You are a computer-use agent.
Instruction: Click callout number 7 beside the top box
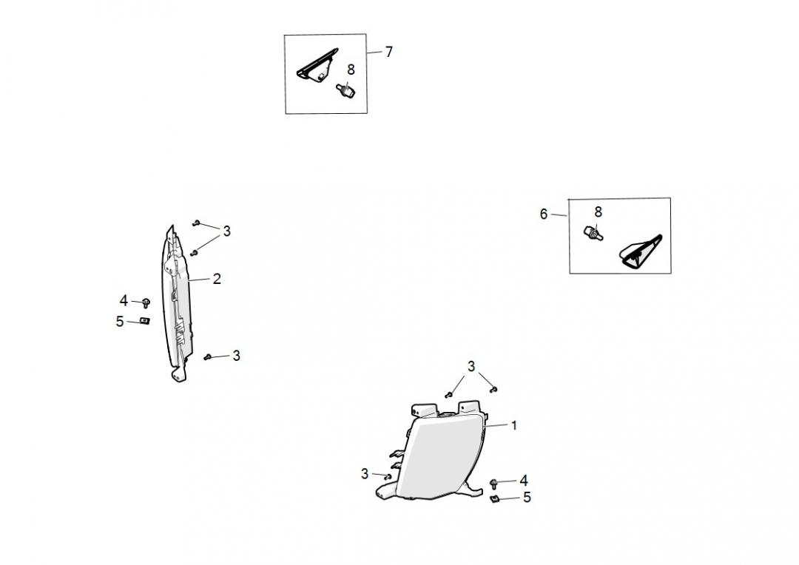pos(389,52)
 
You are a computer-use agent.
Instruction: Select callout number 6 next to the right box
pos(544,214)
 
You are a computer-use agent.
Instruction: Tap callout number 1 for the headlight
pos(514,425)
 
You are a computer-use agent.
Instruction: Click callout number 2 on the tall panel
pos(217,279)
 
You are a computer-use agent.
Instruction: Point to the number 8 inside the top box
pos(351,70)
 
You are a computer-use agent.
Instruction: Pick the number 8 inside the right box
pos(599,212)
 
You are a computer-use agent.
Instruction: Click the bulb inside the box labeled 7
pos(346,91)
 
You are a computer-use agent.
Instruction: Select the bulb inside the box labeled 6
pos(593,234)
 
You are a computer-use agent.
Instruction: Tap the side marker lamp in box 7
pos(317,64)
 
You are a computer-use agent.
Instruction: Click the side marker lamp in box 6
pos(640,251)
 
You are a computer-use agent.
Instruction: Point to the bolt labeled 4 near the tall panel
pos(146,302)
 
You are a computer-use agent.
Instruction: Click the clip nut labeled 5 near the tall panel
pos(145,321)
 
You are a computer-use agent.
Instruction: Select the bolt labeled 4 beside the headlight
pos(493,483)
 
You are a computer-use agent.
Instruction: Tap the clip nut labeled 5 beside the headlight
pos(494,498)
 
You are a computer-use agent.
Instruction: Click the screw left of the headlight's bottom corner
pos(388,476)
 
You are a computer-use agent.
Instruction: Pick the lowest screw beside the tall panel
pos(207,357)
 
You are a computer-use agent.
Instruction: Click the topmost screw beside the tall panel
pos(196,223)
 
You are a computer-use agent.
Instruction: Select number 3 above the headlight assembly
pos(471,366)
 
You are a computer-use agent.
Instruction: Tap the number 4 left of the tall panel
pos(124,300)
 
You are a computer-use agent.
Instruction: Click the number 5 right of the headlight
pos(527,497)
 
